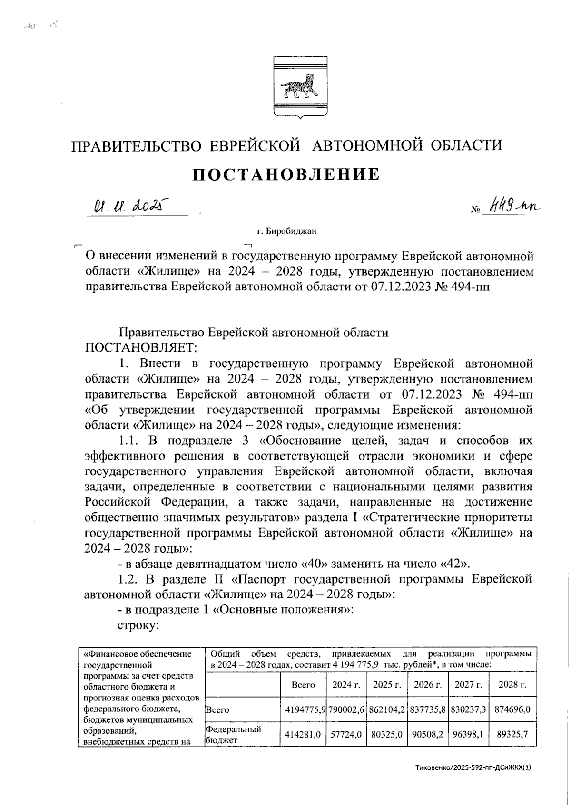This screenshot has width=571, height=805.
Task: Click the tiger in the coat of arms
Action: tap(300, 86)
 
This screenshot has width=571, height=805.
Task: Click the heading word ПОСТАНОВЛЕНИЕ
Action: tap(286, 174)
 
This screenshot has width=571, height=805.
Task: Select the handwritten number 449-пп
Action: tap(513, 207)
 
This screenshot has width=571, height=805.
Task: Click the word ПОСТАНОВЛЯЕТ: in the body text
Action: tap(140, 348)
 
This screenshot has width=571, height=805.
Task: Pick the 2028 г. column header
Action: tap(512, 685)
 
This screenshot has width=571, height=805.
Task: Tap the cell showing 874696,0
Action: tap(512, 709)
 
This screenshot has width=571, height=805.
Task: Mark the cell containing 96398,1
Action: tap(468, 733)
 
